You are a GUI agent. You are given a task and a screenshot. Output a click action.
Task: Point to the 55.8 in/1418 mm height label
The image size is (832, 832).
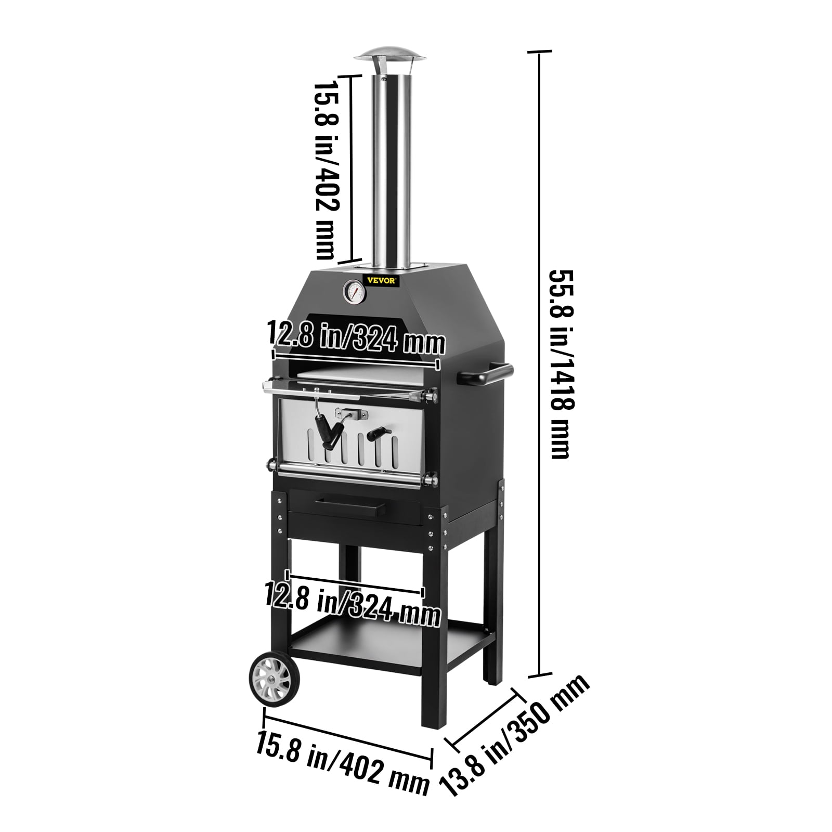pyautogui.click(x=560, y=364)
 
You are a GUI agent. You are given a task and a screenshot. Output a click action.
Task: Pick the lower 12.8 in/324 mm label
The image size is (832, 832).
pyautogui.click(x=353, y=605)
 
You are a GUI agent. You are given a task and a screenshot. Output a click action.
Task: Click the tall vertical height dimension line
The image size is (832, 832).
pyautogui.click(x=539, y=364)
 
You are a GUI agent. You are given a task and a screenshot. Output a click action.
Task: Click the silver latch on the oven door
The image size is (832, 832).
pyautogui.click(x=351, y=413)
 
